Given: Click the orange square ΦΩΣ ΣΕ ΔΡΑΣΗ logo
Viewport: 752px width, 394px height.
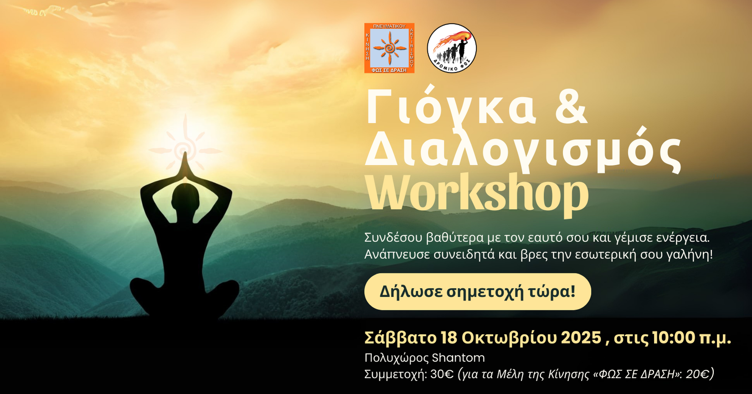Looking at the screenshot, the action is pos(389,48).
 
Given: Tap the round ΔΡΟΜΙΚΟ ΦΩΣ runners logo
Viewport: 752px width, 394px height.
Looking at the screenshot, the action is pos(452,48).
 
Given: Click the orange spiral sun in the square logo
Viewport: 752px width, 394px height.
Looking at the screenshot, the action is pos(390,48).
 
